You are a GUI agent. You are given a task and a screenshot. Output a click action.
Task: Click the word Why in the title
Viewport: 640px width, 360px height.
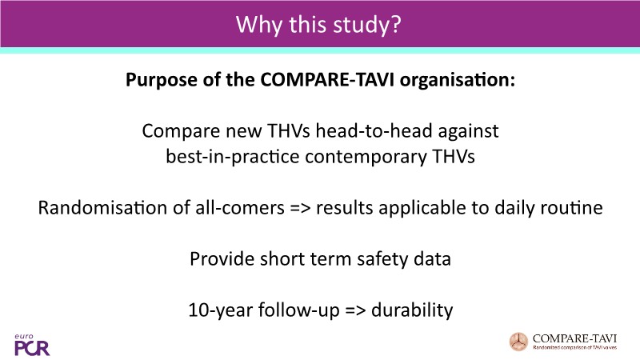pos(258,25)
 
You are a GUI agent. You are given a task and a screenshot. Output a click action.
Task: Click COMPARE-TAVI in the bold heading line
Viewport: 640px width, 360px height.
pos(327,79)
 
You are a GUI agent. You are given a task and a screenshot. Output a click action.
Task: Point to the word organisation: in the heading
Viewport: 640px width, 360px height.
pos(458,79)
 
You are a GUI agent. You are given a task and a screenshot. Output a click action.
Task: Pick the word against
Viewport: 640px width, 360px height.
pos(468,132)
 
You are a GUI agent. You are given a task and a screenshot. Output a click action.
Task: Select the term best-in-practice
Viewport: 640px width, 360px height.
pos(233,157)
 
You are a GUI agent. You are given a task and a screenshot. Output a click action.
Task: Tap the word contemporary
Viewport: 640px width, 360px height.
pos(366,158)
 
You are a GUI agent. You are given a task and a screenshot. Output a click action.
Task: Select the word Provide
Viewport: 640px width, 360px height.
pos(222,258)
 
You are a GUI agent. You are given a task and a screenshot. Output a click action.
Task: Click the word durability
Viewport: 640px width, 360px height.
pos(412,310)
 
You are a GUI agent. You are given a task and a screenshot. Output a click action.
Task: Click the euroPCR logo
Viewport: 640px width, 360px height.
pos(32,345)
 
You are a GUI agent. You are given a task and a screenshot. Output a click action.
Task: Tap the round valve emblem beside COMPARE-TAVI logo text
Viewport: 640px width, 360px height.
pos(518,342)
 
